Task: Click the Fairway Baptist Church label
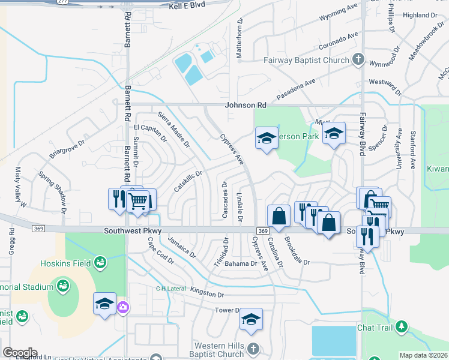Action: pyautogui.click(x=306, y=60)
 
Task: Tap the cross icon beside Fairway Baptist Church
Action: pyautogui.click(x=358, y=59)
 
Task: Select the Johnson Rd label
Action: pyautogui.click(x=245, y=105)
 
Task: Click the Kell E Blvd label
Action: pyautogui.click(x=187, y=5)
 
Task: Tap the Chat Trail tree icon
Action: pyautogui.click(x=401, y=327)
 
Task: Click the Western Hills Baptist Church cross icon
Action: pyautogui.click(x=253, y=348)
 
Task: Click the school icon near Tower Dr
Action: pyautogui.click(x=251, y=320)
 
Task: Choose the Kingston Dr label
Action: pyautogui.click(x=206, y=295)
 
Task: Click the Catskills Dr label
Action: pyautogui.click(x=187, y=179)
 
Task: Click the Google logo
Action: pyautogui.click(x=19, y=353)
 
